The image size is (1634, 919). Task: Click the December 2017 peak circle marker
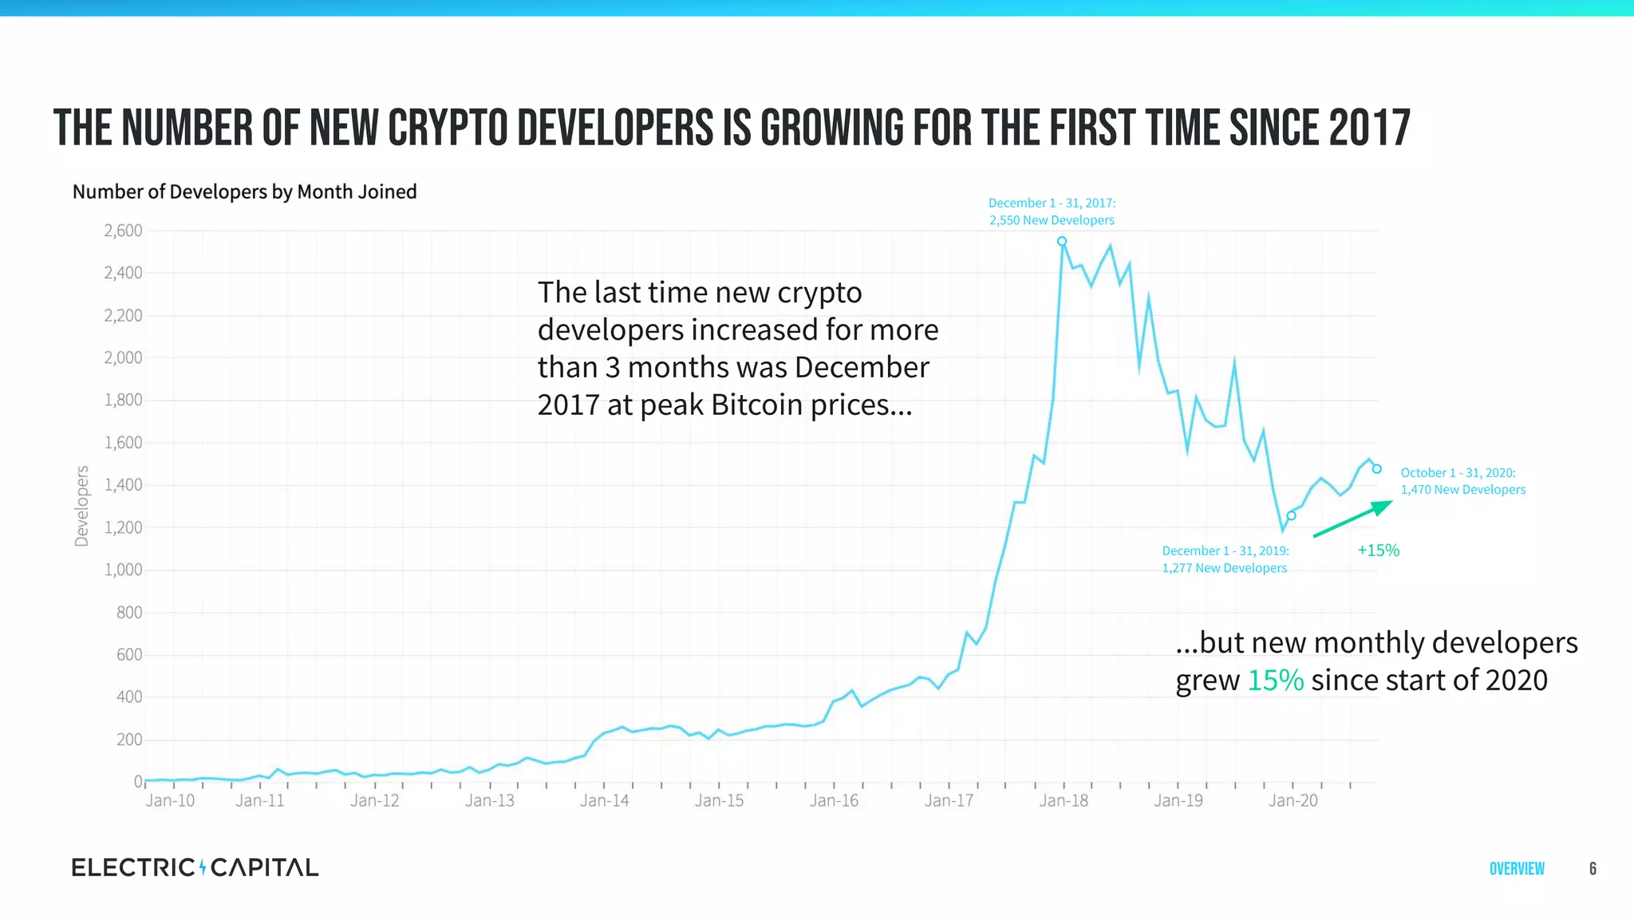point(1062,241)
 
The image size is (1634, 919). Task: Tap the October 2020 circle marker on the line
point(1376,469)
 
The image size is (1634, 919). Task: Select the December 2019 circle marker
point(1291,515)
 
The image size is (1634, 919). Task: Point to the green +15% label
point(1378,550)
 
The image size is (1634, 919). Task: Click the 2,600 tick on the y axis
point(123,231)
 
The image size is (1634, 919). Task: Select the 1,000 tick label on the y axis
point(123,570)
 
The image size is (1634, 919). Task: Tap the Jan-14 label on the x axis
point(604,800)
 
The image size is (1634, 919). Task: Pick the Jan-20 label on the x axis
point(1293,800)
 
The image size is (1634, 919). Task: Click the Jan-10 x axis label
point(170,800)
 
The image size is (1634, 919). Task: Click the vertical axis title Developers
point(81,507)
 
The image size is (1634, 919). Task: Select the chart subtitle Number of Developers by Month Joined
point(244,191)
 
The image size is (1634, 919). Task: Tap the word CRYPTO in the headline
point(448,128)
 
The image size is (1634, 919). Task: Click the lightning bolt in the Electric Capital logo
point(203,867)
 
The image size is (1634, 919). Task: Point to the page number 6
point(1593,869)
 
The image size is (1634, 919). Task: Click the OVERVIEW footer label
point(1517,869)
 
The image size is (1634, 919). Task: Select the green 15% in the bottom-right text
point(1275,680)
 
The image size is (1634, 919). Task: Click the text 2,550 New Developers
point(1052,220)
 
